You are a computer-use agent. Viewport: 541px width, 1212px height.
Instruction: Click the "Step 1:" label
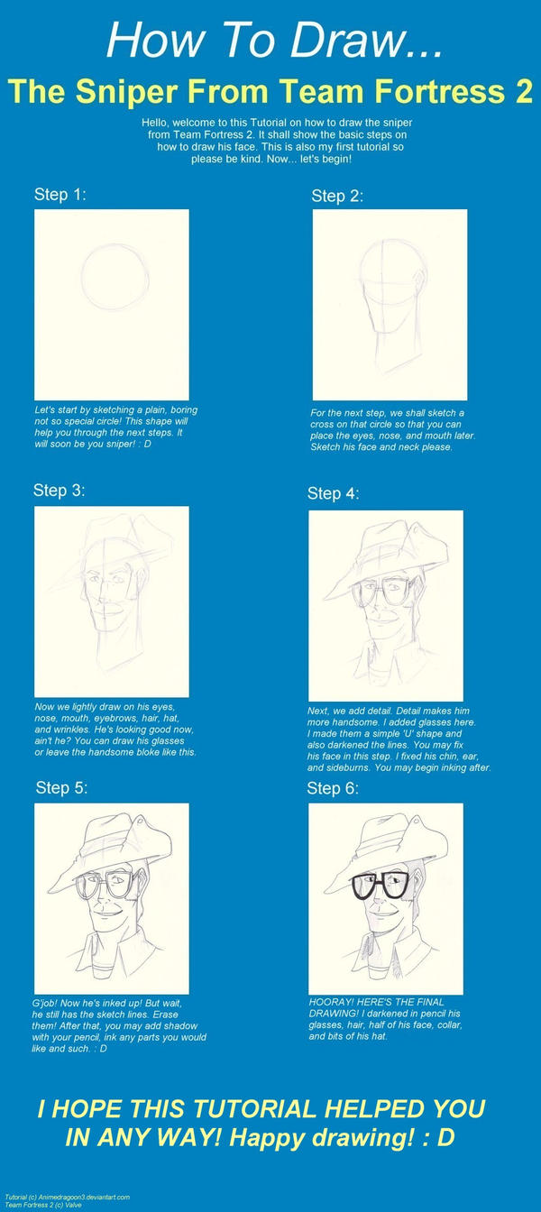[60, 195]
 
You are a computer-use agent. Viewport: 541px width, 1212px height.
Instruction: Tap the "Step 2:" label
[337, 196]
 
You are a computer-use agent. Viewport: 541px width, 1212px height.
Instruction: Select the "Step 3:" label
[60, 491]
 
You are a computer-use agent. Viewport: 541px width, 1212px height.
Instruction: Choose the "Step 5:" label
[61, 787]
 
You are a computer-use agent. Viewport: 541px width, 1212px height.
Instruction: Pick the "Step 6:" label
[333, 788]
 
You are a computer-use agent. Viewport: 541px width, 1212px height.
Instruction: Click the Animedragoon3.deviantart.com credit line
[67, 1197]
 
